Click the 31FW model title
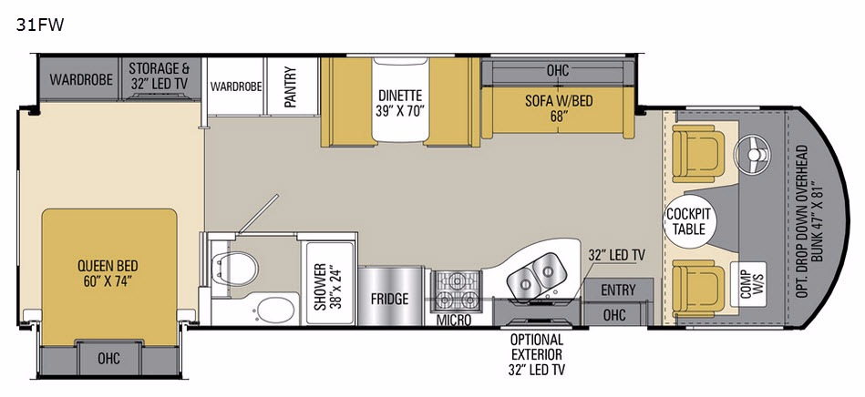coord(40,25)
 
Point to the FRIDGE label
coord(390,299)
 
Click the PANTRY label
coord(291,87)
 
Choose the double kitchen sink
coord(534,277)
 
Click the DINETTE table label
coord(400,103)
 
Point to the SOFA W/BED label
coord(559,107)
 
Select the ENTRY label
coord(618,290)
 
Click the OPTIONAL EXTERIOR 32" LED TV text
coord(536,354)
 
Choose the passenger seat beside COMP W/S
coord(698,289)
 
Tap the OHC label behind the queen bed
coord(108,358)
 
